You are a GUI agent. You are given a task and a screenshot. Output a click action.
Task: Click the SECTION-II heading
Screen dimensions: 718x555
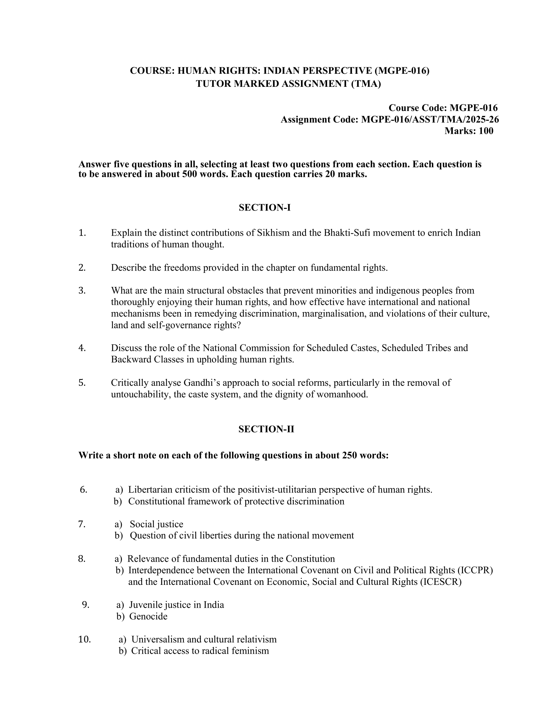coord(266,429)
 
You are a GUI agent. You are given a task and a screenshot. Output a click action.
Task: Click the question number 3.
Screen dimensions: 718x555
coord(82,290)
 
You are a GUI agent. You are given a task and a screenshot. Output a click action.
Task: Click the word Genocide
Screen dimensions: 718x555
coord(148,616)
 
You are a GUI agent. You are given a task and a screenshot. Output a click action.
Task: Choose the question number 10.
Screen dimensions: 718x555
coord(84,639)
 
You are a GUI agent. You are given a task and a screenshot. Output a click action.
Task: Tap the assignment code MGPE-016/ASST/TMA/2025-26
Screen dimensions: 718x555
coord(430,119)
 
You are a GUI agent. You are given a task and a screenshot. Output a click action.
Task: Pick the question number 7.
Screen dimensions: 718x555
coord(82,524)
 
